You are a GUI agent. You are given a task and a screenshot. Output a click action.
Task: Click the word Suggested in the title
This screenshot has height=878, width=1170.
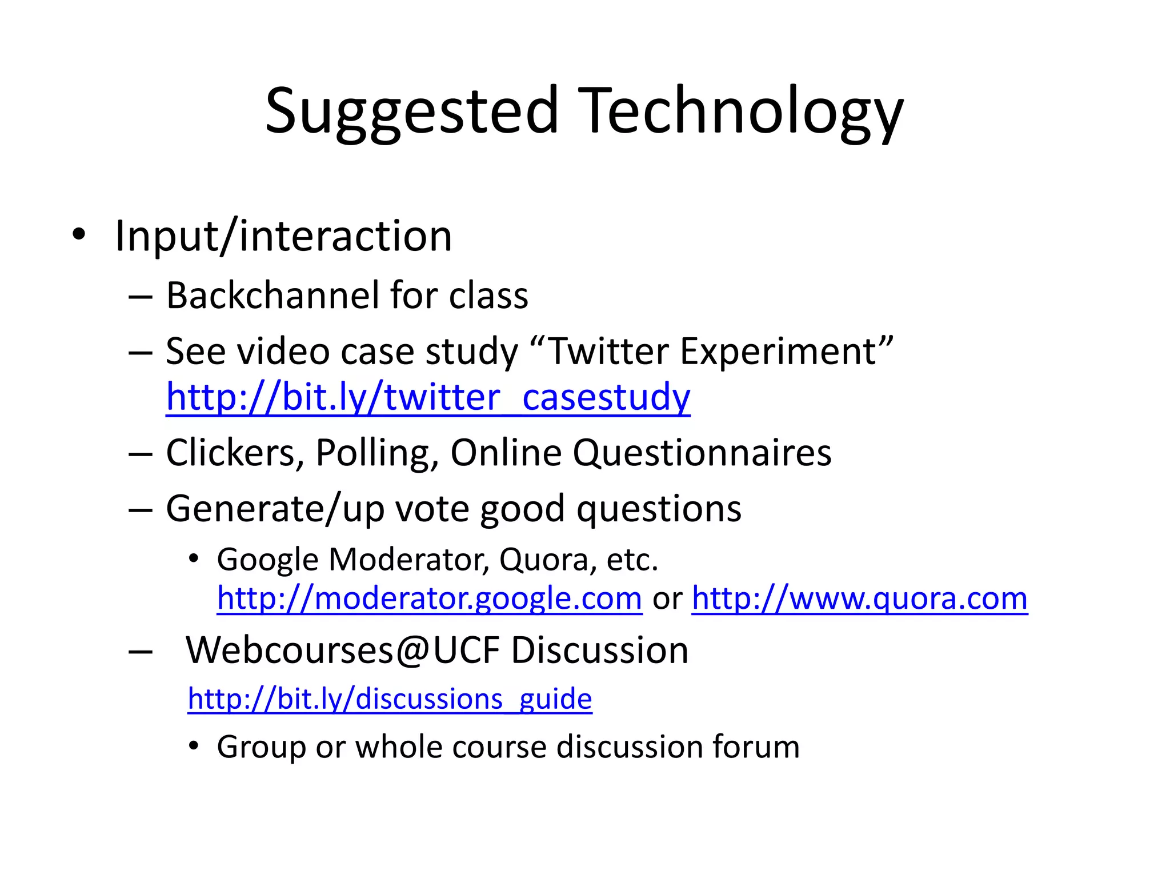tap(411, 111)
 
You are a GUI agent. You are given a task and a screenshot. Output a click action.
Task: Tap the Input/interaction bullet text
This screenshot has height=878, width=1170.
tap(283, 236)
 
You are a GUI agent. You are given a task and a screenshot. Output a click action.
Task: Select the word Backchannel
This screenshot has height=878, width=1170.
tap(272, 296)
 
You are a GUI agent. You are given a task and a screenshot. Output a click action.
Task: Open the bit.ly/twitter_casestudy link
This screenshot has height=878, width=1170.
tap(428, 397)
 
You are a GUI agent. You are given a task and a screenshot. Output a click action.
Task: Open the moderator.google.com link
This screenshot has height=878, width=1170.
tap(430, 598)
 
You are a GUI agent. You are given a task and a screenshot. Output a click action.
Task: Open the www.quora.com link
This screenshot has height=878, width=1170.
tap(859, 598)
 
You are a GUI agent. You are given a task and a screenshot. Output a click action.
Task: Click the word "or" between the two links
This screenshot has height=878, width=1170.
tap(667, 599)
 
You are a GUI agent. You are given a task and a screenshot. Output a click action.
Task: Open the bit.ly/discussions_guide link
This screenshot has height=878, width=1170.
tap(390, 699)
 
